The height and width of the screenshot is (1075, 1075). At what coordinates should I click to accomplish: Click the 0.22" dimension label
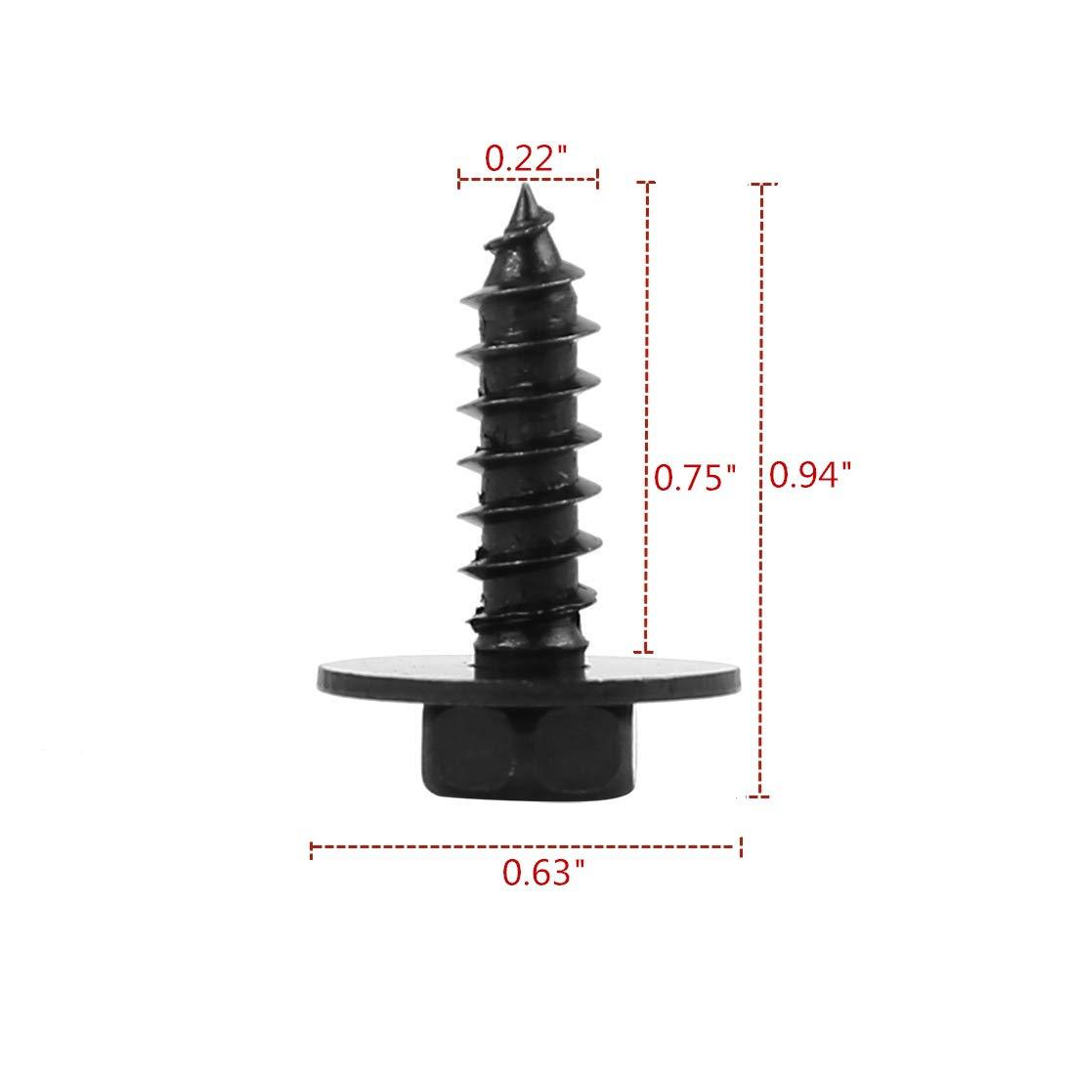(527, 158)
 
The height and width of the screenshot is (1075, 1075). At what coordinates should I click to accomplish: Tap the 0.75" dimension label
(695, 477)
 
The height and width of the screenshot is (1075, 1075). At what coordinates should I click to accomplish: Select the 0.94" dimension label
(810, 474)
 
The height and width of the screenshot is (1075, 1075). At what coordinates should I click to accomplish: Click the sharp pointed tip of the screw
(525, 185)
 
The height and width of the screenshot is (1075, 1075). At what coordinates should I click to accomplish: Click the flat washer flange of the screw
(529, 676)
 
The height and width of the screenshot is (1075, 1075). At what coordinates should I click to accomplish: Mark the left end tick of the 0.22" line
(458, 180)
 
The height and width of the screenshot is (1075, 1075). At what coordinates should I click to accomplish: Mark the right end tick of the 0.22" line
(598, 180)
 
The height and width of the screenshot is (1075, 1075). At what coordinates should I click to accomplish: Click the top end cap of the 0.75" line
(646, 183)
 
